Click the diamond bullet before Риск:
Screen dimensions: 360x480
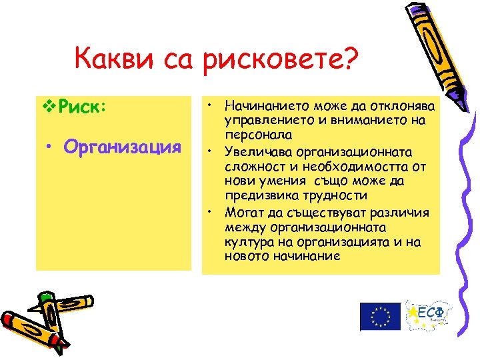(47, 106)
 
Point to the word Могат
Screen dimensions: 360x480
(241, 212)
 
